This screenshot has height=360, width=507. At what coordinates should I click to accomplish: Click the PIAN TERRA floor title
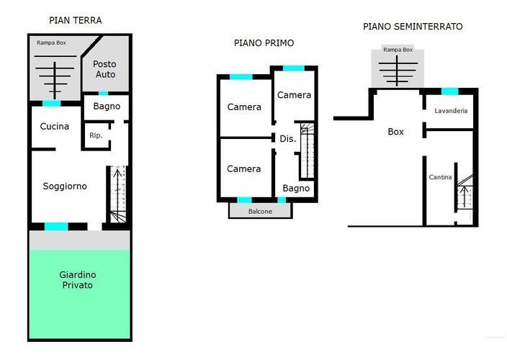tap(76, 20)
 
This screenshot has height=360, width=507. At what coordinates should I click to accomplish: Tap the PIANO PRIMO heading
tap(264, 43)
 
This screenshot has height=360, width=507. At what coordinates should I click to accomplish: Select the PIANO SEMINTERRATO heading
tap(413, 27)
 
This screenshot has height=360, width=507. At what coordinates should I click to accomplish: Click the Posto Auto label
tap(104, 69)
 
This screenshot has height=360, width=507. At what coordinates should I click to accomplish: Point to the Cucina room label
tap(54, 126)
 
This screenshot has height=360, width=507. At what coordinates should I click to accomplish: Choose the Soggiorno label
tap(65, 186)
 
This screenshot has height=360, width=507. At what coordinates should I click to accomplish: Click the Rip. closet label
tap(96, 135)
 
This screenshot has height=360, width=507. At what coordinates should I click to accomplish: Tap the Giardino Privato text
tap(78, 280)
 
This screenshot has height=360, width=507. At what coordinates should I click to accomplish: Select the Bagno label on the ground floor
tap(107, 107)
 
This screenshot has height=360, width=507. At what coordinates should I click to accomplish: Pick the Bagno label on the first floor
tap(296, 189)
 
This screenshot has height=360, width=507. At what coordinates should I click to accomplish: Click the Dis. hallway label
tap(288, 139)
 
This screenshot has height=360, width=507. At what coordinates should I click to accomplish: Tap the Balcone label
tap(260, 212)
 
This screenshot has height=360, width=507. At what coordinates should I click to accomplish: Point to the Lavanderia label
tap(451, 111)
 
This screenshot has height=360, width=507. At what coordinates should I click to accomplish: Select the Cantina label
tap(440, 177)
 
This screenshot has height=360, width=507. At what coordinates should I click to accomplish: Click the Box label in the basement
tap(395, 132)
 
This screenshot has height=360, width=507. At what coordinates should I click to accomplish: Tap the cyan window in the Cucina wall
tap(52, 104)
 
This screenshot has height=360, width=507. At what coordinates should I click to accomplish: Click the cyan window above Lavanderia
tap(450, 91)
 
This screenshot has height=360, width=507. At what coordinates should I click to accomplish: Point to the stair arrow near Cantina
tap(465, 197)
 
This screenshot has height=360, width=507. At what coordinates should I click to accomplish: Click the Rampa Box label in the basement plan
tap(398, 50)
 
